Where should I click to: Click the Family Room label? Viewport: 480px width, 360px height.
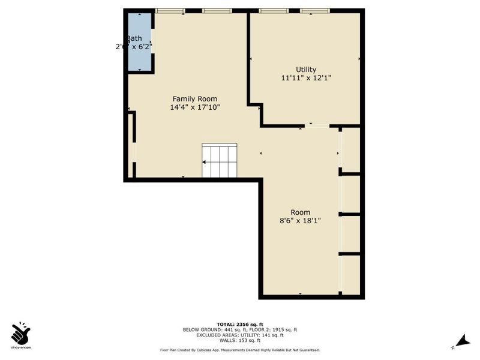pyautogui.click(x=195, y=99)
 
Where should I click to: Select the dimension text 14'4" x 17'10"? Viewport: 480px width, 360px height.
pyautogui.click(x=195, y=108)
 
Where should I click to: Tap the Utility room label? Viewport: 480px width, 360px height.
pyautogui.click(x=306, y=70)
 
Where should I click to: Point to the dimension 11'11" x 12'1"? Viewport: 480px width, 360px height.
pyautogui.click(x=306, y=78)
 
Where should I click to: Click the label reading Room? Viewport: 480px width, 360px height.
pyautogui.click(x=300, y=212)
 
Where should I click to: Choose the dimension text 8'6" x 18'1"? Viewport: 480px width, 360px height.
pyautogui.click(x=300, y=221)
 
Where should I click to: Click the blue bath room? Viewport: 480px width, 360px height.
pyautogui.click(x=139, y=42)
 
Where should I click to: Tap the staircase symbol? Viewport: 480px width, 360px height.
pyautogui.click(x=220, y=161)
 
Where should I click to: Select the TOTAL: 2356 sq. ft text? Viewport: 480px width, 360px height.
pyautogui.click(x=240, y=324)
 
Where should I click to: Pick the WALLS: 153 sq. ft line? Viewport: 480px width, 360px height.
pyautogui.click(x=240, y=340)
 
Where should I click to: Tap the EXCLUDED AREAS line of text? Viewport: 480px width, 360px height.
pyautogui.click(x=240, y=335)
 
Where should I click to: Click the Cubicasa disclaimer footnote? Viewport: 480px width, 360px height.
pyautogui.click(x=240, y=350)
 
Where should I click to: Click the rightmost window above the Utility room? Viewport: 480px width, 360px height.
pyautogui.click(x=314, y=11)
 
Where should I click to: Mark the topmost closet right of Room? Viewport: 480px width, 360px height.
pyautogui.click(x=351, y=150)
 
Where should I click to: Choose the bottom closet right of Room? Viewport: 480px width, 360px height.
pyautogui.click(x=351, y=276)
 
